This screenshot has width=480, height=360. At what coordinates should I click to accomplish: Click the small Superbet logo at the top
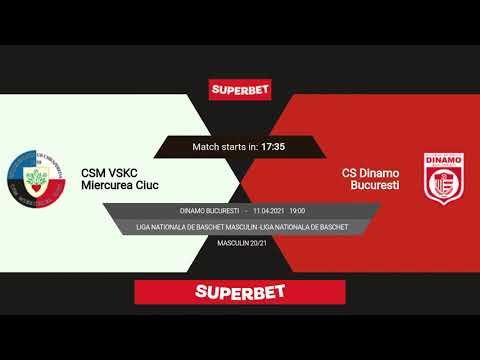pos(239,89)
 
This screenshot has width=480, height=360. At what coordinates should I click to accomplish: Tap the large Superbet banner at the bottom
pos(240,292)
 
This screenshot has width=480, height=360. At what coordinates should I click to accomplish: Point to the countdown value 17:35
pos(273,147)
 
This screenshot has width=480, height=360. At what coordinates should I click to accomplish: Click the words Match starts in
pos(225,147)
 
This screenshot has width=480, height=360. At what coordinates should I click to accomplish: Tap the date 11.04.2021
pos(270,211)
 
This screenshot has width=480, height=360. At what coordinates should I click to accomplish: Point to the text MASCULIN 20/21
pos(240,243)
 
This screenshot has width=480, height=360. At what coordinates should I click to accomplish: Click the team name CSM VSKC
pos(109,173)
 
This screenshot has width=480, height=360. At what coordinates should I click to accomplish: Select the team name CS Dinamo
pos(370,173)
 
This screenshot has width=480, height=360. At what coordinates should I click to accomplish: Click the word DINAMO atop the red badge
pos(442,160)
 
